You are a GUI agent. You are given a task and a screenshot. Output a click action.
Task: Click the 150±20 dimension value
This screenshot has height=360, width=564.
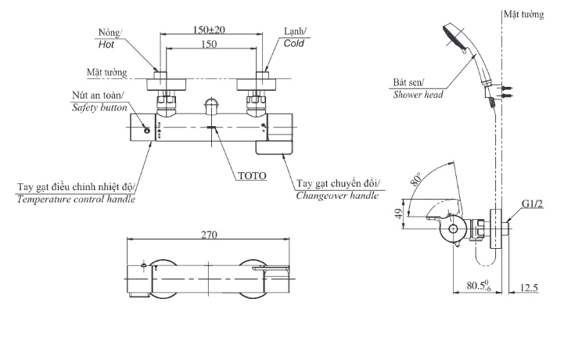209,30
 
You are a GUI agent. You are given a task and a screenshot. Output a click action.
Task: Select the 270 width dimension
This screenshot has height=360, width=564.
209,234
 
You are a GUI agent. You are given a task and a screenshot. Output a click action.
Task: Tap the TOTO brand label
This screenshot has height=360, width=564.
251,175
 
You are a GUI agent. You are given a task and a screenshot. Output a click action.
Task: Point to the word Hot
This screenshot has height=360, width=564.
106,45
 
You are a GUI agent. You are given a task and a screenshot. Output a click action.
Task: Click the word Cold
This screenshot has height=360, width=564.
294,45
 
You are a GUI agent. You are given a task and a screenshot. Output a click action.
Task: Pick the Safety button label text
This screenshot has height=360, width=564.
99,107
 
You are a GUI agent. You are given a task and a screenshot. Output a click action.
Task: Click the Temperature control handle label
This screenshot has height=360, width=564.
76,200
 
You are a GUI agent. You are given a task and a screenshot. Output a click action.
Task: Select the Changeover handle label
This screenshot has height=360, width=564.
337,196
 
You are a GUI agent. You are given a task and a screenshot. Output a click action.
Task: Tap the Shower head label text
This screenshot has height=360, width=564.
418,94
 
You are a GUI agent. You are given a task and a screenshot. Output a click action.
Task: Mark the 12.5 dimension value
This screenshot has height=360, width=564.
529,288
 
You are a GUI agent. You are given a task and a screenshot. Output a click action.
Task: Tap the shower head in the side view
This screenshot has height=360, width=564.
457,38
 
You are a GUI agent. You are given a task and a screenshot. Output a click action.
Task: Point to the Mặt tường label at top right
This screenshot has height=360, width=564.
523,15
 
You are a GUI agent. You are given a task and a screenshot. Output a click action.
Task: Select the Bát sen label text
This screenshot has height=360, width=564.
408,81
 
